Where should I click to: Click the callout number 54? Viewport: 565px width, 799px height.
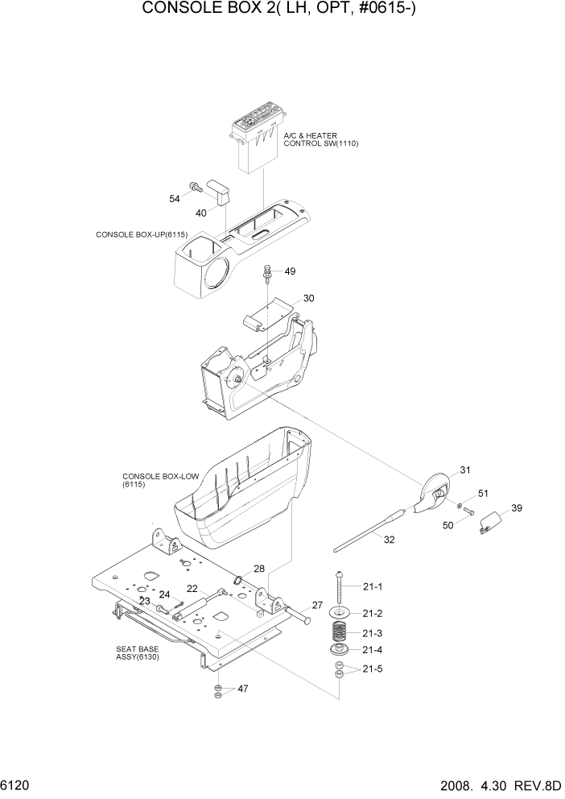[175, 199]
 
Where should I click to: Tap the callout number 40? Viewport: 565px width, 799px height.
[201, 213]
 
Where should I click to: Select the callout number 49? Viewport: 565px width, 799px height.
[291, 271]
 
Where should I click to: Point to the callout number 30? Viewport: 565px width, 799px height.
[308, 299]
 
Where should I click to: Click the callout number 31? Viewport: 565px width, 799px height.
[465, 470]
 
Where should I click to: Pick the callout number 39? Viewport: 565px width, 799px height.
[517, 508]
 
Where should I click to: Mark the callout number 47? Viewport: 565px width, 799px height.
[242, 689]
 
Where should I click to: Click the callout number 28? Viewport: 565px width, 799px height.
[259, 569]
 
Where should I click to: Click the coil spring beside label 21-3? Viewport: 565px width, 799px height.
[341, 633]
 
